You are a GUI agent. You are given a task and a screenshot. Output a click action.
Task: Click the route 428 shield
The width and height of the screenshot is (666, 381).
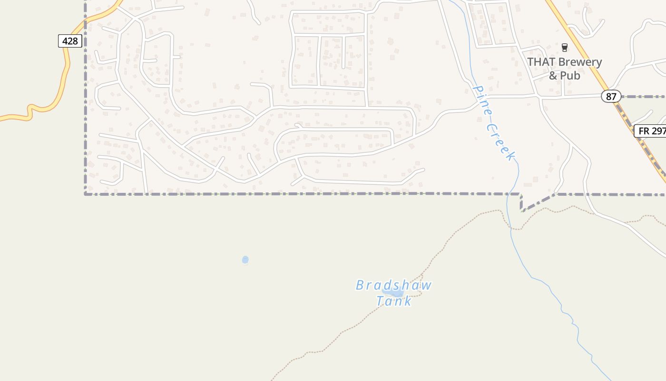pos(70,41)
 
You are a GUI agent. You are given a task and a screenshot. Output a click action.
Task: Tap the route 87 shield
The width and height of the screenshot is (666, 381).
pos(611,97)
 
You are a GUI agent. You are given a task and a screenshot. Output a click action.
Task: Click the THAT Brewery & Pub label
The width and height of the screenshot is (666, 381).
pos(564,69)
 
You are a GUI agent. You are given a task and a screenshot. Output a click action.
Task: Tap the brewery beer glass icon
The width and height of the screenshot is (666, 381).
pos(565,47)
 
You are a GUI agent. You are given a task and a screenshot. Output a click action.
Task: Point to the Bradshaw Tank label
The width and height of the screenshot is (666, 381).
pos(394,293)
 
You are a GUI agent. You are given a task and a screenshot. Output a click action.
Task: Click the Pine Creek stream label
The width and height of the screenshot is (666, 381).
pos(494,122)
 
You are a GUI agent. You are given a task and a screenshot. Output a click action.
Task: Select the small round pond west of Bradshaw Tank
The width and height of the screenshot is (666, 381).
pos(245,260)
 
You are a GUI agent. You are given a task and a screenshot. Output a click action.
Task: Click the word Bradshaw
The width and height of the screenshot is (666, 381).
pos(394,285)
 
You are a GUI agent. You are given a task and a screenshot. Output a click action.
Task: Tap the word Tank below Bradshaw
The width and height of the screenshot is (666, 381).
pos(394,301)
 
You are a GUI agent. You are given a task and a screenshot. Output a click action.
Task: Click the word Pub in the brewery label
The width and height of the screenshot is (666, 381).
pos(570,76)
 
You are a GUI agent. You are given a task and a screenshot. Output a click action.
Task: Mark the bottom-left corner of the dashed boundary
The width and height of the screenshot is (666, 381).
pos(86,194)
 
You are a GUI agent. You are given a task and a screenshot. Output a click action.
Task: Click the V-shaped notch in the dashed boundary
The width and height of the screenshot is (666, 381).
pos(522,211)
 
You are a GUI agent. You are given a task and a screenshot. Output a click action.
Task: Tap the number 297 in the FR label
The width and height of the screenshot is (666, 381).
pos(658,131)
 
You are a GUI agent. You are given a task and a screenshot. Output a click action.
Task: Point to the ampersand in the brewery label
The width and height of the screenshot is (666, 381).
pos(553,76)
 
